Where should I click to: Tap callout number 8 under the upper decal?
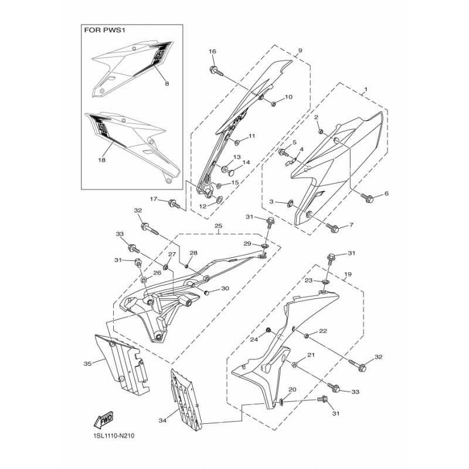coord(167,84)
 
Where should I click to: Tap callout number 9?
coord(300,51)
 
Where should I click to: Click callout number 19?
coord(348,274)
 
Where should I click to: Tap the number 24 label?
coord(254,339)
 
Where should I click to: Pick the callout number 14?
coord(246,162)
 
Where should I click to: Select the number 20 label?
coord(292,389)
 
